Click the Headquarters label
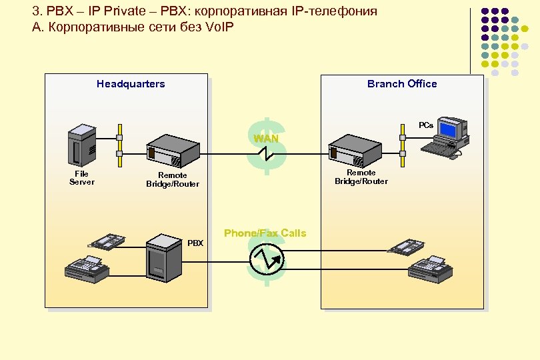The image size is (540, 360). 131,84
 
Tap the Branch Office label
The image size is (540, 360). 402,84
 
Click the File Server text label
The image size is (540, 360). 82,178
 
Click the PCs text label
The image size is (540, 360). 426,125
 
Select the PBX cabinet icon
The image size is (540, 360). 163,255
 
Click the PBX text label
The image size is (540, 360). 195,243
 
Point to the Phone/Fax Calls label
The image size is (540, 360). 265,233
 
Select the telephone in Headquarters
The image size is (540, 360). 108,241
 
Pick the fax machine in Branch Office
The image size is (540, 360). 431,268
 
